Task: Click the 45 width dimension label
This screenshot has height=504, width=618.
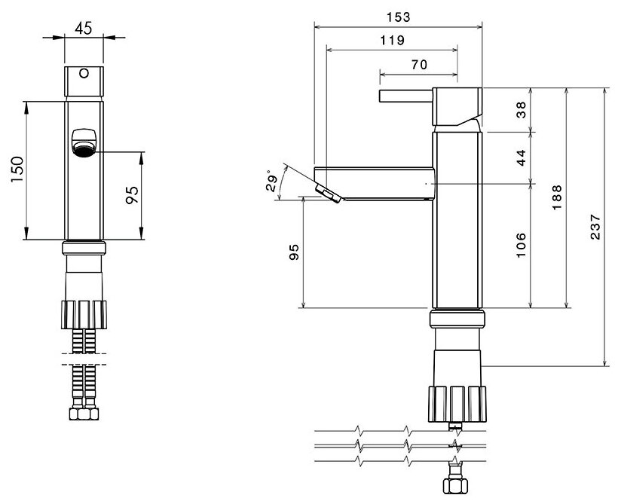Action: coord(84,29)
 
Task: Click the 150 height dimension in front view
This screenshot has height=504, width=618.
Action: coord(17,171)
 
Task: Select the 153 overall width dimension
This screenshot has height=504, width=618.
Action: coord(398,16)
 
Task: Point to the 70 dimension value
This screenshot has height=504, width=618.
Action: coord(419,65)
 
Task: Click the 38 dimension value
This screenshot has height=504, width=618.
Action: coord(522,110)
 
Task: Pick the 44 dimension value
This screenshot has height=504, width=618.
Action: coord(522,157)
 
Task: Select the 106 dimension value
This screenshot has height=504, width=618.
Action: coord(522,245)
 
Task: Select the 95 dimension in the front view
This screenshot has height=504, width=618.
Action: coord(132,195)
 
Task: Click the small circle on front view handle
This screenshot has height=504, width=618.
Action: coord(84,75)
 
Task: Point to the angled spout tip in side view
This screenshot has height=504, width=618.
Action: coord(329,193)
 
